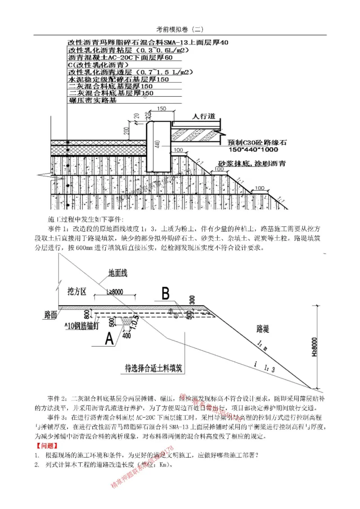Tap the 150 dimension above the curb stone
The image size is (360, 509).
162,109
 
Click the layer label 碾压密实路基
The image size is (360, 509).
92,100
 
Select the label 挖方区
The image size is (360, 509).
76,289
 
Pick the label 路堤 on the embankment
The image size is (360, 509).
263,329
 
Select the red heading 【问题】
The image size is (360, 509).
46,446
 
